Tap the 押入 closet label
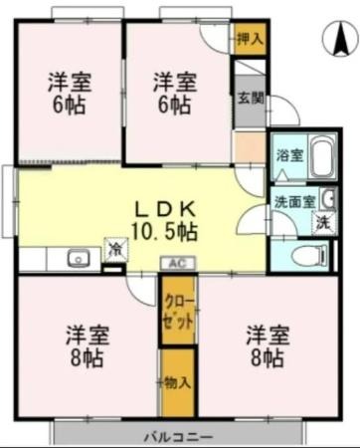[251, 40]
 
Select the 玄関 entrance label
[251, 98]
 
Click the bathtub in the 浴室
[322, 156]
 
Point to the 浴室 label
[290, 155]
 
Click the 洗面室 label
[294, 202]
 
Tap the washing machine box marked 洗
[324, 223]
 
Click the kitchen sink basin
[79, 259]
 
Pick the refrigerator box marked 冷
[116, 249]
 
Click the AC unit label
[178, 264]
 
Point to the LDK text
[164, 209]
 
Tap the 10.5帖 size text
[165, 231]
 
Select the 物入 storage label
[177, 383]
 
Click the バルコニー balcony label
[178, 437]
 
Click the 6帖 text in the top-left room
[69, 106]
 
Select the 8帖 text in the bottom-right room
[267, 358]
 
